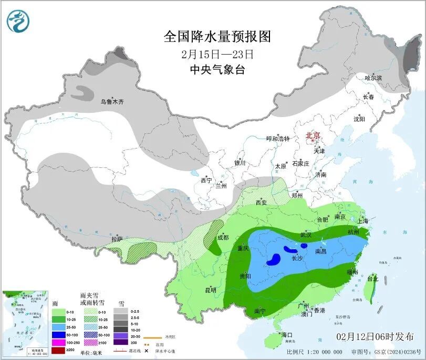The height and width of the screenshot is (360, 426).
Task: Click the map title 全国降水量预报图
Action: click(217, 37)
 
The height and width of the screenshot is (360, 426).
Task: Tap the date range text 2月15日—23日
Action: click(217, 54)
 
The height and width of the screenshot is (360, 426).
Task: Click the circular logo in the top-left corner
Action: click(18, 20)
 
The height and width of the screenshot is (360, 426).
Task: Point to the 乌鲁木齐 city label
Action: click(112, 101)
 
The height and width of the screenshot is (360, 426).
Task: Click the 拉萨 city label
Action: click(117, 239)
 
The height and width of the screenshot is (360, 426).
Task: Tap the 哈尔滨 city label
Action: click(373, 78)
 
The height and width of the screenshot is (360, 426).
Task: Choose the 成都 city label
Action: click(222, 237)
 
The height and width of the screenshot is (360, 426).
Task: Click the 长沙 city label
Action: click(297, 258)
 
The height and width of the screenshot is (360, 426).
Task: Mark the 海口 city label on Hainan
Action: click(286, 334)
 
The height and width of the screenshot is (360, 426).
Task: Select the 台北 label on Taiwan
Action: click(372, 278)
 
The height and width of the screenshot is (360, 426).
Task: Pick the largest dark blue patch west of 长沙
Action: click(273, 259)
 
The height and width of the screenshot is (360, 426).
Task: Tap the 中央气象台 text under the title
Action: click(217, 70)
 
